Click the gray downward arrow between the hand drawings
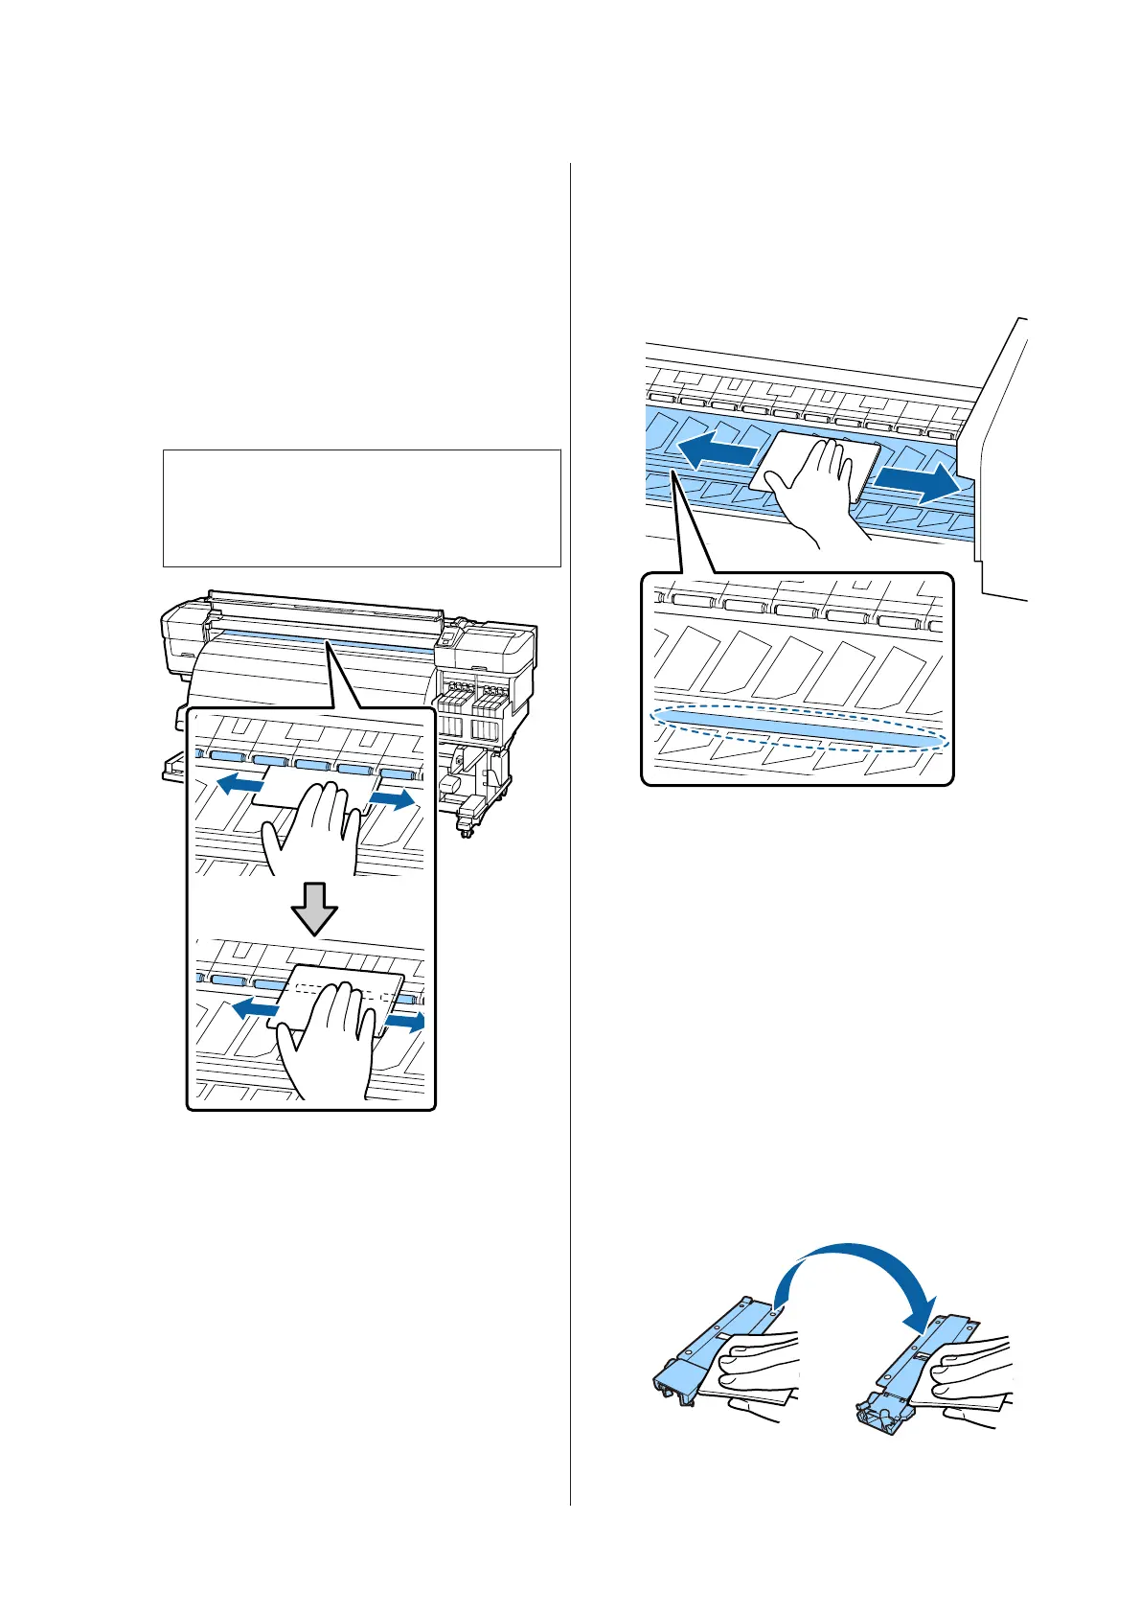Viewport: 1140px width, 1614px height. (314, 906)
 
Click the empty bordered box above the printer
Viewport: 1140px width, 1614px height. (361, 508)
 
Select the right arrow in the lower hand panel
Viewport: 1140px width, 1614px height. (403, 1025)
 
